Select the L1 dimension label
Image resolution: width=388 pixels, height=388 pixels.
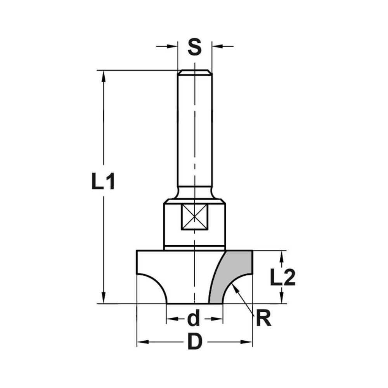(103, 182)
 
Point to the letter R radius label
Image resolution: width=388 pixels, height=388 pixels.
(263, 319)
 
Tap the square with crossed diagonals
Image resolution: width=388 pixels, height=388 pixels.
(194, 217)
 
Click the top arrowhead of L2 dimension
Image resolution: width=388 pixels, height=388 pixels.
(282, 256)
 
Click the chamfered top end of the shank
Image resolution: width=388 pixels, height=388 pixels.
(194, 72)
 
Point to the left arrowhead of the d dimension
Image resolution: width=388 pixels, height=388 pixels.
(171, 319)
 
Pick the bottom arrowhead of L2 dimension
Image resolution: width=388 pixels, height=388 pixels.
(282, 299)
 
